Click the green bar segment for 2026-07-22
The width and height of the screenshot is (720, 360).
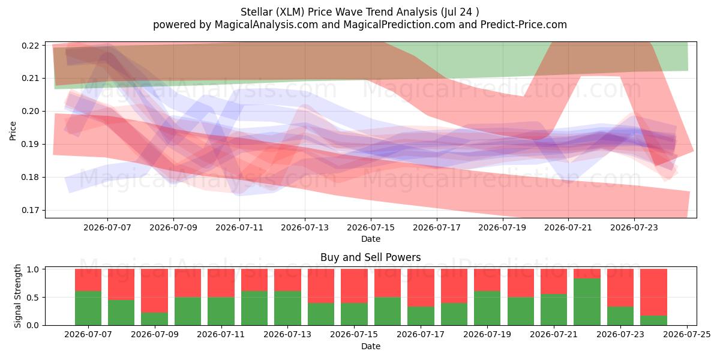click(587, 302)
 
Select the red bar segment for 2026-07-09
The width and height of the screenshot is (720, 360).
click(154, 291)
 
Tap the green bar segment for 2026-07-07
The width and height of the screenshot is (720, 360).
click(88, 308)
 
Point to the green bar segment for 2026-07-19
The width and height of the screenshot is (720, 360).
click(487, 308)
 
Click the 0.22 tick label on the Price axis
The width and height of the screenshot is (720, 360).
click(30, 46)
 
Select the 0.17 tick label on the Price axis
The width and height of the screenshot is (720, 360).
click(30, 210)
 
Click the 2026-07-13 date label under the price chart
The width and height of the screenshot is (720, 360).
click(305, 227)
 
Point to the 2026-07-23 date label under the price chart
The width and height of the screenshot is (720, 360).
click(634, 227)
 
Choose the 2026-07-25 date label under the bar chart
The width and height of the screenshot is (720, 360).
click(687, 335)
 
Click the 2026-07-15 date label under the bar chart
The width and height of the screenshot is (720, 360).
click(354, 335)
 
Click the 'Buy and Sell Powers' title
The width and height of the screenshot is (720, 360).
click(371, 257)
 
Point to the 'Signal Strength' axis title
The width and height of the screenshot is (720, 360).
click(17, 296)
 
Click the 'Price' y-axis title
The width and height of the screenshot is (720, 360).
click(13, 131)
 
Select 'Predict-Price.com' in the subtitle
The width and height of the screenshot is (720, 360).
click(524, 25)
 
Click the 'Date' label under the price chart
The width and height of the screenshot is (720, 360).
click(371, 239)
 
